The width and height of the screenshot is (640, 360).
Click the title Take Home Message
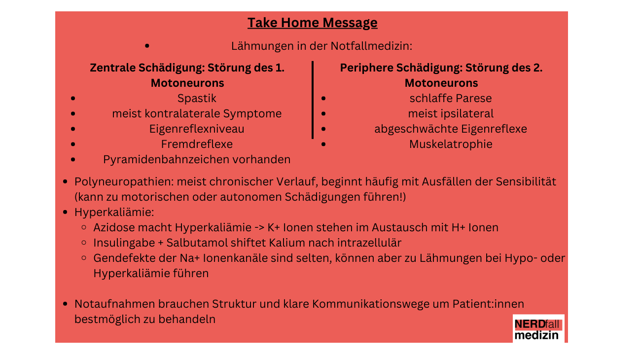pos(312,23)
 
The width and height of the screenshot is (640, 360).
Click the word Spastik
pos(197,98)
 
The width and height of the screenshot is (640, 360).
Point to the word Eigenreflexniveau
pos(197,129)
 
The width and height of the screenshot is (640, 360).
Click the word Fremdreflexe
pos(197,144)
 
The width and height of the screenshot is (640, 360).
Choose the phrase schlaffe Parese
pos(450,98)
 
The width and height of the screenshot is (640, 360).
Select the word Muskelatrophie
pos(450,144)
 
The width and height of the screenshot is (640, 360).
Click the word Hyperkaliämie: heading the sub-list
pos(114,212)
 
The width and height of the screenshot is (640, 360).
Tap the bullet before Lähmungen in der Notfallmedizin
pos(147,46)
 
